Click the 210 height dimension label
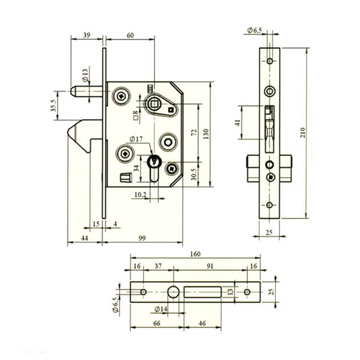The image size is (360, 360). coord(303,132)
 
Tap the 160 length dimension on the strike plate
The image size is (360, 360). coord(195,254)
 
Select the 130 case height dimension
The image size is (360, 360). coord(206,134)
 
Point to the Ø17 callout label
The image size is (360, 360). coord(136,139)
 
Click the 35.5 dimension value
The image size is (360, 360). coord(54,106)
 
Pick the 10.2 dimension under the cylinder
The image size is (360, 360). coord(140,195)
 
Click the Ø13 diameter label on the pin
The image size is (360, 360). coord(85,75)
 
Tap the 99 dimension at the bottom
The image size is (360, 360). coord(142,238)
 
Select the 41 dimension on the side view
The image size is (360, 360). coord(238,122)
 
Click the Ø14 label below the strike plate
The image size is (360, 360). coord(161,309)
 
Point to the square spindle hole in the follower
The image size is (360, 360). coord(153,104)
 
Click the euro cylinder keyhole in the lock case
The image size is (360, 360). coord(154,168)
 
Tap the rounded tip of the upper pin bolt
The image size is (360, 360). coord(72,91)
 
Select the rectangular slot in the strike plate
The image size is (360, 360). coord(202,292)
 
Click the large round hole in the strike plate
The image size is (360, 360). coord(173,292)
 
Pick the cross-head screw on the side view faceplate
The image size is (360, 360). coord(271,177)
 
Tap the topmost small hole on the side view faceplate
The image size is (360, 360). coord(270,61)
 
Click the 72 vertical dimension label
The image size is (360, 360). coord(194,132)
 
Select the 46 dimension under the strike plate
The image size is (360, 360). coord(202,323)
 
